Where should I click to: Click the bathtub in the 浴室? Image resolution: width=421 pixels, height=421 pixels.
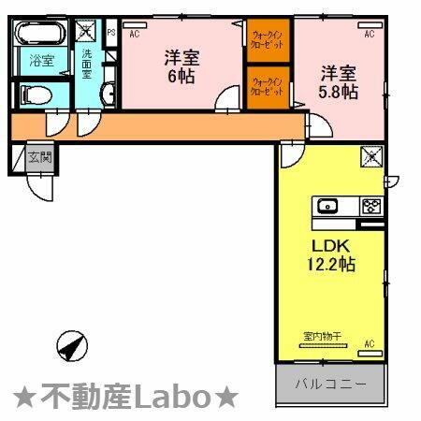[x=40, y=35]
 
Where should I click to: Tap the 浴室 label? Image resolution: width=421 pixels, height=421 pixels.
[x=39, y=63]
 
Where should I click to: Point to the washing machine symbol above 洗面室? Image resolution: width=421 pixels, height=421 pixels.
[x=86, y=30]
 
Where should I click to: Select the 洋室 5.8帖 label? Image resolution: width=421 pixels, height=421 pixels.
[x=340, y=81]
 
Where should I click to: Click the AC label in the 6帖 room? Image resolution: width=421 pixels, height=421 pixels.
[x=134, y=34]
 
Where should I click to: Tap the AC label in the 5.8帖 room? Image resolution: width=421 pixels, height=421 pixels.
[x=369, y=34]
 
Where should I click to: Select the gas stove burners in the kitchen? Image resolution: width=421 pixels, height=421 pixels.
[x=372, y=206]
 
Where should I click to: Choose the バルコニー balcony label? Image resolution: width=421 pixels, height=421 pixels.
[x=328, y=384]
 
